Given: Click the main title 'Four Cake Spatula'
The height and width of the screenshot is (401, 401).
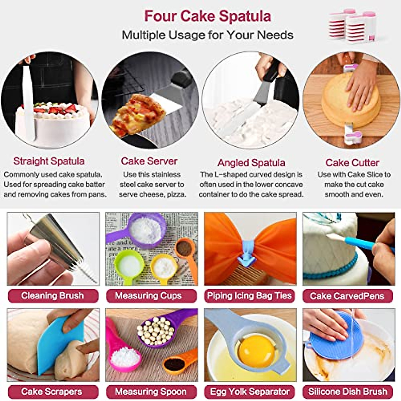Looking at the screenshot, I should [207, 16].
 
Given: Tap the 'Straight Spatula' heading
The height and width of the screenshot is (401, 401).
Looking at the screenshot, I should [49, 161].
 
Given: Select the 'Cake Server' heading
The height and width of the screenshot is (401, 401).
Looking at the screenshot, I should [149, 161].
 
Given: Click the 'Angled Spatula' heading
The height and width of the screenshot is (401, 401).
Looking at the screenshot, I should [251, 163].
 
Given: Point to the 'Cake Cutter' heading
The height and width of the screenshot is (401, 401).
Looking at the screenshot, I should [352, 163].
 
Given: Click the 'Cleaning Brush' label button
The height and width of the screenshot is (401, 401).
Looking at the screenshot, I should [52, 296].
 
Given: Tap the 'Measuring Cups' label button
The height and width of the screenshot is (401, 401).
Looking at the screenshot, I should [148, 296].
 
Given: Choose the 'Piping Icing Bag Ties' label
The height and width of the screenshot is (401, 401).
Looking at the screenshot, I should [249, 296].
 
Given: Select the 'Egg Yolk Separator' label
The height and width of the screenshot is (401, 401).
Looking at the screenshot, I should [249, 392].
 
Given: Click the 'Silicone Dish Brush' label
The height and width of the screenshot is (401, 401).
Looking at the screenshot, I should [348, 392].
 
